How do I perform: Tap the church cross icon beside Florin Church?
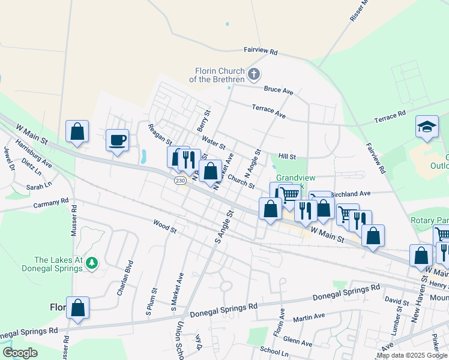coord(254,74)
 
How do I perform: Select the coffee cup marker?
coord(117,140)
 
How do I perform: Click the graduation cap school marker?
coord(427,127)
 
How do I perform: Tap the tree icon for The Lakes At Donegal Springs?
coord(91,263)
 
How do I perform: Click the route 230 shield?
coord(180,181)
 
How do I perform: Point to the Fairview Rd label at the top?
coord(260,52)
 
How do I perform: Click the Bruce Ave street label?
coord(279,91)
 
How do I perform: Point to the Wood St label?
coord(164,228)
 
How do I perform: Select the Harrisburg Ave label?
coord(34,154)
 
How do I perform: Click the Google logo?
coord(20,353)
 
